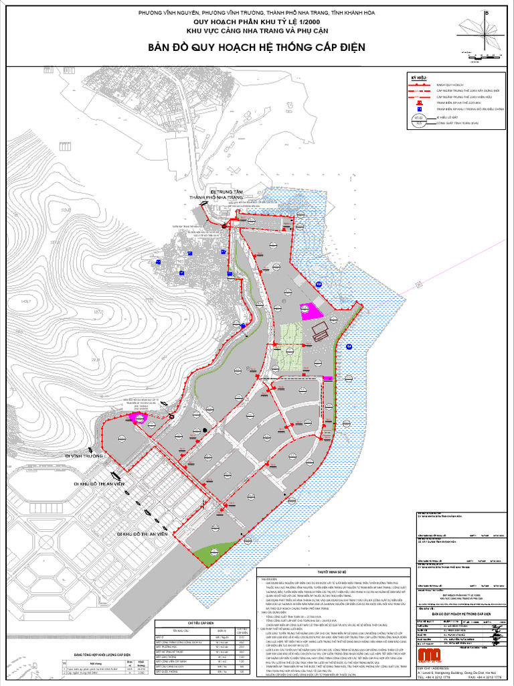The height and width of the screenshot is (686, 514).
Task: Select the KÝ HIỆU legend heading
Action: coord(418,78)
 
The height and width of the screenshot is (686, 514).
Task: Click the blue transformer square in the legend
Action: coord(419,109)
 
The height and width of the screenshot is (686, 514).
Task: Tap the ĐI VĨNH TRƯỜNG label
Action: coord(84,455)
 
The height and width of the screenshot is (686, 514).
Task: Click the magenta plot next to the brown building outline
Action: coord(310,312)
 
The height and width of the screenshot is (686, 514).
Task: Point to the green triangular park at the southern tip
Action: coord(213,551)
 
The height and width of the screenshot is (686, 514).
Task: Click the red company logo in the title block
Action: coord(428,655)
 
